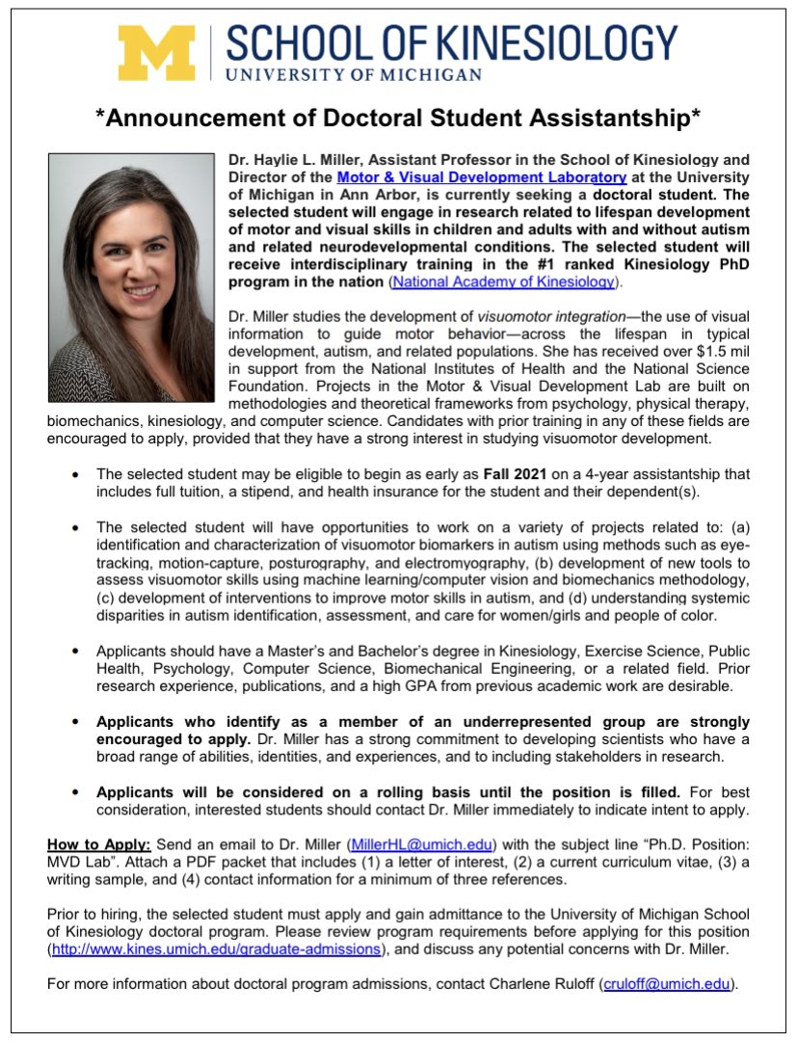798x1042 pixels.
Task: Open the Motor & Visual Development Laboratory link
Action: pyautogui.click(x=482, y=177)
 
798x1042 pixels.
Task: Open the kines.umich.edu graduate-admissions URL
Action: pyautogui.click(x=216, y=949)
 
